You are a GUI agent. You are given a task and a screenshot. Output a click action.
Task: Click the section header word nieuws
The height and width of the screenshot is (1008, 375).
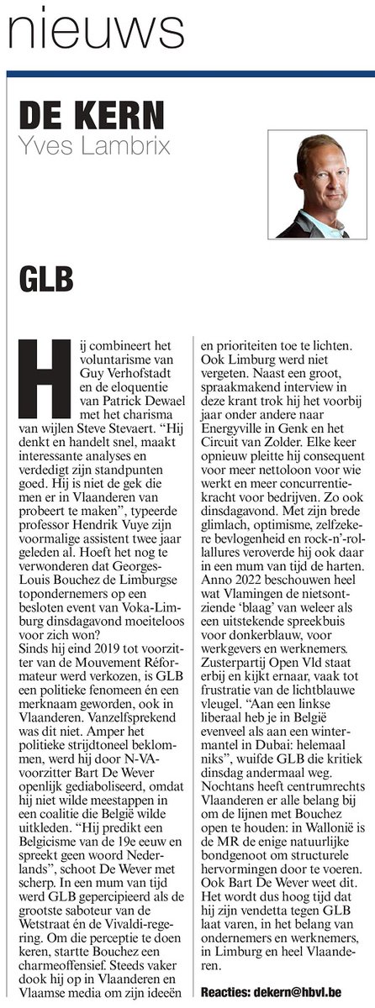(95, 33)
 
